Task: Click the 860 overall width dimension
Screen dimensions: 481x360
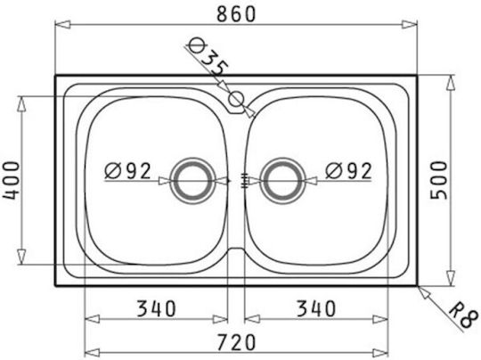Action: click(x=236, y=14)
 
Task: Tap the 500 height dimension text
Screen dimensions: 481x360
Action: click(x=438, y=180)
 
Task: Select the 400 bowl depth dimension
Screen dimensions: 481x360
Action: click(x=12, y=181)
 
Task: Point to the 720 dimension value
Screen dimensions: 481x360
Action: click(x=236, y=342)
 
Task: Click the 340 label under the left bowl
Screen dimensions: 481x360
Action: click(x=156, y=308)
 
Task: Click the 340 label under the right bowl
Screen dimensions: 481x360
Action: click(x=316, y=308)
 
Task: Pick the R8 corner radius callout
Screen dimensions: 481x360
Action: click(x=463, y=315)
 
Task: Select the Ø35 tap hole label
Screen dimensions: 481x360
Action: click(x=208, y=58)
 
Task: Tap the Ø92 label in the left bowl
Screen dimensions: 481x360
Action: click(x=127, y=170)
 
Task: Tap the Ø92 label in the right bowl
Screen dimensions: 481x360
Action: click(x=348, y=170)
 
